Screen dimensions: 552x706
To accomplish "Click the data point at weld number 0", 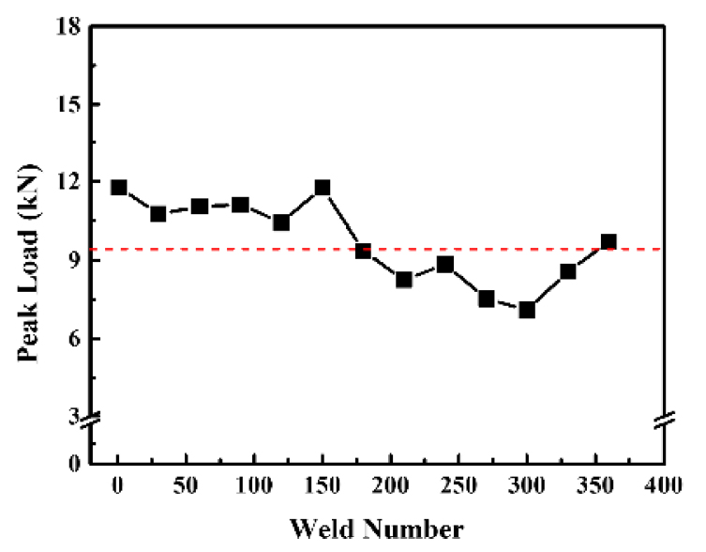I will (119, 188).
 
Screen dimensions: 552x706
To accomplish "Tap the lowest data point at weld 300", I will (527, 310).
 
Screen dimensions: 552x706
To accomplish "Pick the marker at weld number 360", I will (608, 242).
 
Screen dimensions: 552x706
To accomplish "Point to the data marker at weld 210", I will (404, 280).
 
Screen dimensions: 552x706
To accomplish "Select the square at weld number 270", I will (487, 299).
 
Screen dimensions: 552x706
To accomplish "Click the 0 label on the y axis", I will (72, 463).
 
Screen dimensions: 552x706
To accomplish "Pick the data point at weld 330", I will (568, 272).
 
